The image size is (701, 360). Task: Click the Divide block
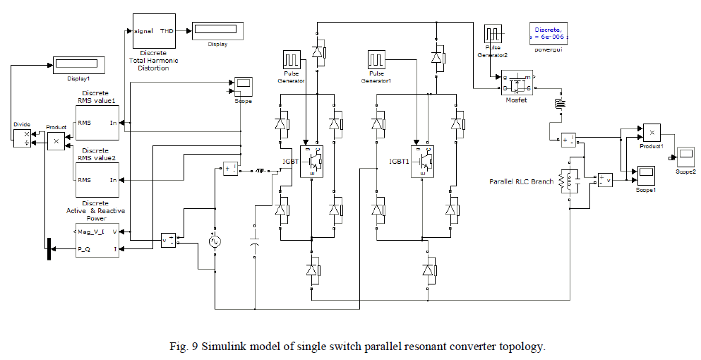[23, 137]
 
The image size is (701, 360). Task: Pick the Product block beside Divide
[56, 141]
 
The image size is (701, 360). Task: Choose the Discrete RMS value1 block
[97, 121]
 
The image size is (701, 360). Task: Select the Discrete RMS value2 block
[97, 180]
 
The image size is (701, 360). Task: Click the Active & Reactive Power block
[97, 240]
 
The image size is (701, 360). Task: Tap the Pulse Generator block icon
[292, 59]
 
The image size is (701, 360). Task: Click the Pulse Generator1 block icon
[376, 59]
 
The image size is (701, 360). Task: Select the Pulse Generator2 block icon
[492, 34]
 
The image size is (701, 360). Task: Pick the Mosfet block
[517, 85]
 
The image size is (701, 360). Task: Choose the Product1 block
[651, 132]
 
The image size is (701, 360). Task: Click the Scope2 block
[685, 155]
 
